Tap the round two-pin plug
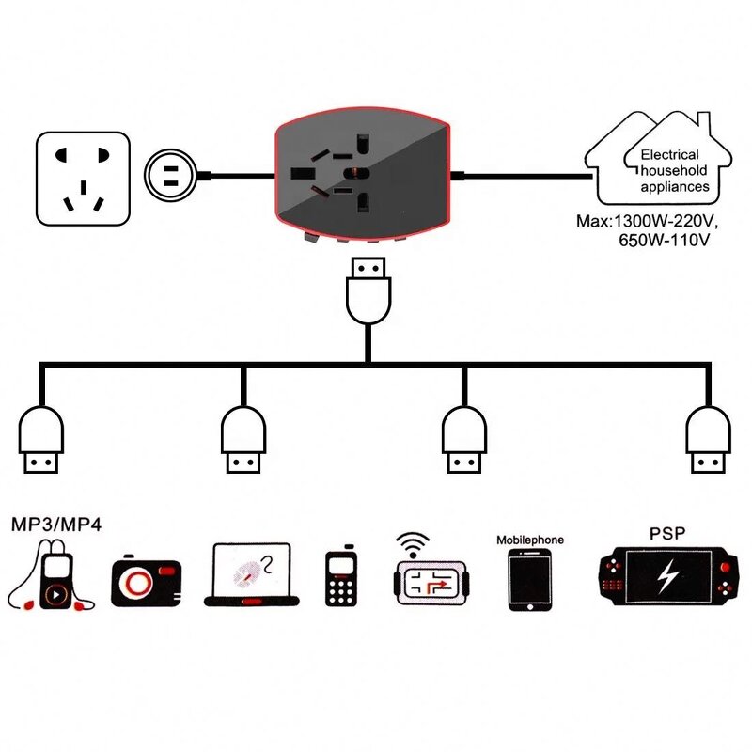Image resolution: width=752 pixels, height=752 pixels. click(x=170, y=176)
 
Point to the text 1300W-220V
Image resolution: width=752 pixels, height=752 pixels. click(x=662, y=223)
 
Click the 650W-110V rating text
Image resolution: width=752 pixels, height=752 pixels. click(x=662, y=241)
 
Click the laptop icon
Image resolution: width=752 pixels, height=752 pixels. click(x=252, y=575)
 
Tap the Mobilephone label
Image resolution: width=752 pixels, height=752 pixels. click(x=529, y=540)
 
